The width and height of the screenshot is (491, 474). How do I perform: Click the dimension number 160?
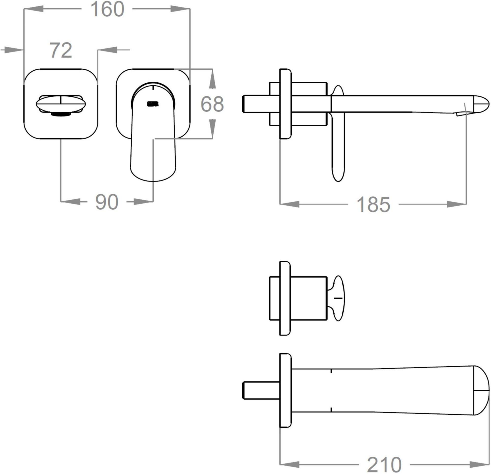[x=107, y=9]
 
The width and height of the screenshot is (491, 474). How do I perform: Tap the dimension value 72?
[x=61, y=50]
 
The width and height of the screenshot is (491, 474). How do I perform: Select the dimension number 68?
[x=212, y=104]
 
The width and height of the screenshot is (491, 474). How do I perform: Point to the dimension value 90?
[x=107, y=202]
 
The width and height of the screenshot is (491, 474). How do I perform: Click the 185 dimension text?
[x=373, y=205]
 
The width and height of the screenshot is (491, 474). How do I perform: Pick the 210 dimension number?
[x=384, y=465]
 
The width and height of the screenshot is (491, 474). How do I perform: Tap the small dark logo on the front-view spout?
[x=153, y=104]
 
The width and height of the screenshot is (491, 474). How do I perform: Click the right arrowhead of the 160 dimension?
[x=180, y=9]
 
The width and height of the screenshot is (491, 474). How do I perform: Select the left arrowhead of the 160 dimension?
[x=34, y=9]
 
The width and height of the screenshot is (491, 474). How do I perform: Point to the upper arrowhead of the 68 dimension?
[x=212, y=78]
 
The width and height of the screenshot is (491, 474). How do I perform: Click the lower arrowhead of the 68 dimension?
[x=212, y=129]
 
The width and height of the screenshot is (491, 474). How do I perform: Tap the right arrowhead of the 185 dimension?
[x=457, y=204]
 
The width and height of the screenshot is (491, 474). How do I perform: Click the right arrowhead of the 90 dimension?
[x=143, y=202]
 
